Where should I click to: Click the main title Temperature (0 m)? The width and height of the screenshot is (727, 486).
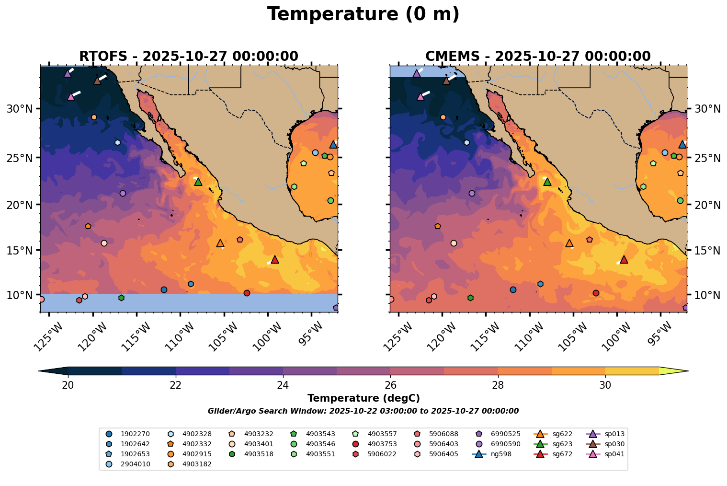(x=363, y=14)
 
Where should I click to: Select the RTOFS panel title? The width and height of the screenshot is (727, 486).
(x=189, y=57)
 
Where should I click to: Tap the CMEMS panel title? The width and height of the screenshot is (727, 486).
(x=538, y=57)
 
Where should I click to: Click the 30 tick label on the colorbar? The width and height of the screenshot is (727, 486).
(x=605, y=385)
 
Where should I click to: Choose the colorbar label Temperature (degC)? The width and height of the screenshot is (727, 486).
(x=363, y=398)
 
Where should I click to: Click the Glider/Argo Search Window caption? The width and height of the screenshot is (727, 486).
(x=363, y=411)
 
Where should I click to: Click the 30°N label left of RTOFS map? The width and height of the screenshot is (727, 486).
(x=20, y=109)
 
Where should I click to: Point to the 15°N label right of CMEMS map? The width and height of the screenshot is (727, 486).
(x=707, y=251)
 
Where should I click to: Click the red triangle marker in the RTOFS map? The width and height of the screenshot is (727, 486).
(x=274, y=259)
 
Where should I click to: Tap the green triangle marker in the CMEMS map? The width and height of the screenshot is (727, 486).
(x=547, y=182)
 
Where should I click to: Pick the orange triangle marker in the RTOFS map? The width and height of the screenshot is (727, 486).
(x=220, y=243)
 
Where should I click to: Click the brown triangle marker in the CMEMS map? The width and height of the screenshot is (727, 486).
(x=446, y=81)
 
